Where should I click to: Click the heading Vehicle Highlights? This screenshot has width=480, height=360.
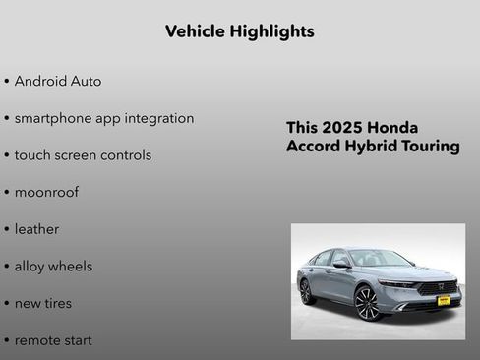point(240,31)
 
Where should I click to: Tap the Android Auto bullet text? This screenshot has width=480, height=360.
point(58,81)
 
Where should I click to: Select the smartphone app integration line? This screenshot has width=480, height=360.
point(104,118)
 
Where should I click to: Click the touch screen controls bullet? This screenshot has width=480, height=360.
point(83,155)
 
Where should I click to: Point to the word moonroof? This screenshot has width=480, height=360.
point(46,192)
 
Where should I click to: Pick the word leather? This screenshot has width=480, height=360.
point(36,229)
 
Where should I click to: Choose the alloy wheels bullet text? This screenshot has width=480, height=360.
point(53,266)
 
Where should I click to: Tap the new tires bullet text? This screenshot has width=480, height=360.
point(43,303)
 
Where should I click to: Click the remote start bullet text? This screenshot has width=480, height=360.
point(53,339)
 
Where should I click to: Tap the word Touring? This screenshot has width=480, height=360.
point(431,147)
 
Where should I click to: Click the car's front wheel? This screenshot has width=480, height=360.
point(367,303)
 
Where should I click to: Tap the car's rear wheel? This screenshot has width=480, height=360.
point(306,291)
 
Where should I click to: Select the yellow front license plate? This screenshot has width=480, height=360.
point(444,299)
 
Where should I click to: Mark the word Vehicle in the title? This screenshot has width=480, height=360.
point(196,31)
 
